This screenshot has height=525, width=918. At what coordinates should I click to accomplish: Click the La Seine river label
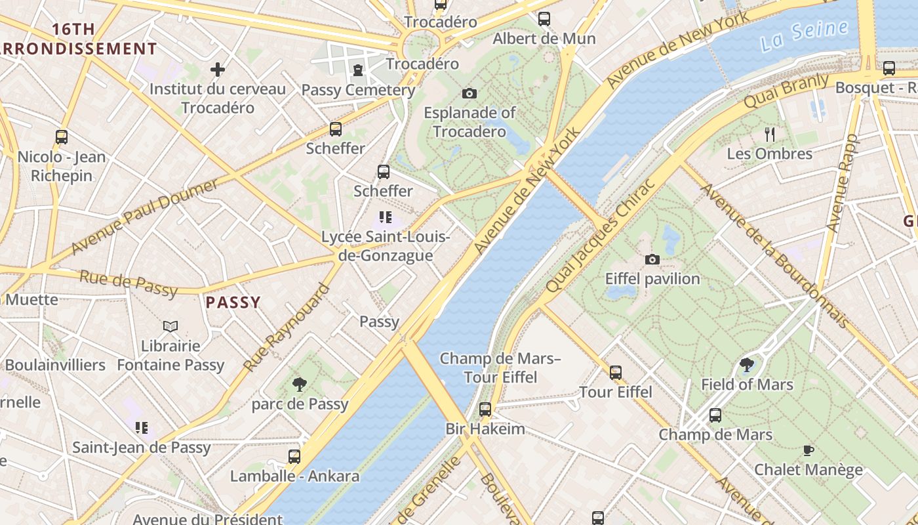click(805, 35)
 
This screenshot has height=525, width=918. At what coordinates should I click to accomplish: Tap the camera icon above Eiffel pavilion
click(652, 260)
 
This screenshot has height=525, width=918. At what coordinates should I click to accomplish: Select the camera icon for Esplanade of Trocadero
click(469, 93)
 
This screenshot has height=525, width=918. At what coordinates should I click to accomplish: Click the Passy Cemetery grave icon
click(358, 70)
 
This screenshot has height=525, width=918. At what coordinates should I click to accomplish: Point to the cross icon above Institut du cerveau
click(218, 69)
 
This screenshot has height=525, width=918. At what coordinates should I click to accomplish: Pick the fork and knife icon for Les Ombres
click(770, 135)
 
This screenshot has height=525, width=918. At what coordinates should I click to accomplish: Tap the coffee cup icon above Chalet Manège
click(808, 450)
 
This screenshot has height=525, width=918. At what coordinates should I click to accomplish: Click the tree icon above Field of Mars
click(746, 365)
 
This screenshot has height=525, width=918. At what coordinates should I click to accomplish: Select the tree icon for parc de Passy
click(300, 384)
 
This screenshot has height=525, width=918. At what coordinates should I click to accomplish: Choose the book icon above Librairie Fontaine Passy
click(170, 326)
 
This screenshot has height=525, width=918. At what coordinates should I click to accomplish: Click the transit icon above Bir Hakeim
click(485, 409)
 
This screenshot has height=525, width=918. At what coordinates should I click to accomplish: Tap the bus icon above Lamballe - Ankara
click(294, 456)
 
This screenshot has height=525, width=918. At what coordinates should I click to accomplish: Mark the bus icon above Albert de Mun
click(544, 19)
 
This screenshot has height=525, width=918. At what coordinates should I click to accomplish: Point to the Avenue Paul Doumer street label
click(144, 217)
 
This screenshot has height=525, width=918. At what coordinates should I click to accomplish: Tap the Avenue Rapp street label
click(842, 182)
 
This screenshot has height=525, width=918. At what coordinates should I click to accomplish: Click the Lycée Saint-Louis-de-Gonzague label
click(386, 246)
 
